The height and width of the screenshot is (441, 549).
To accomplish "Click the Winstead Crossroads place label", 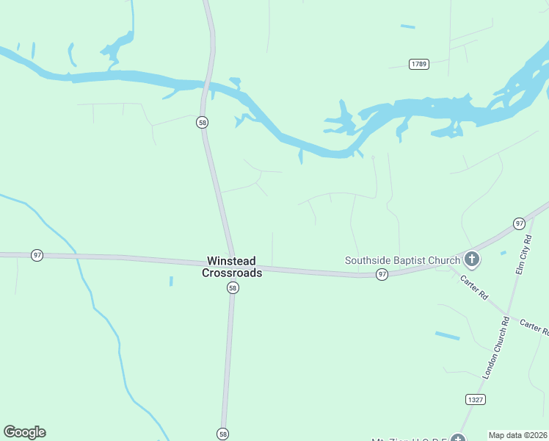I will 232,266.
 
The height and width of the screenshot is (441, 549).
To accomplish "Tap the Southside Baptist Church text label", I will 402,259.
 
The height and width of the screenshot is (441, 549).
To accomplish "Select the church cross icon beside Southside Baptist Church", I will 471,259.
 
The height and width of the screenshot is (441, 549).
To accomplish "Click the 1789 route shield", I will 419,64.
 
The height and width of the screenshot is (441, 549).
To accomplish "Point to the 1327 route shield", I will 475,399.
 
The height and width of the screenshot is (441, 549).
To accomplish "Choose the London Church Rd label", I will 495,348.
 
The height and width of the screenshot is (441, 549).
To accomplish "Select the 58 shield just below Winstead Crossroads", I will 232,289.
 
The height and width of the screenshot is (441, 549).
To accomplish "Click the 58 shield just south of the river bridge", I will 202,122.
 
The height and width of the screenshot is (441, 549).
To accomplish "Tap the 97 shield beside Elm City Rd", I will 519,223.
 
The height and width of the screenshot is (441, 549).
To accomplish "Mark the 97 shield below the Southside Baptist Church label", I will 382,274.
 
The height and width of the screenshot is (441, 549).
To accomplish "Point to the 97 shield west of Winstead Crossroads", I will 37,255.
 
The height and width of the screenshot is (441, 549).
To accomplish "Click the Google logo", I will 24,432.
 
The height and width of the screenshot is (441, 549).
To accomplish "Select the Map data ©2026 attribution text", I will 517,435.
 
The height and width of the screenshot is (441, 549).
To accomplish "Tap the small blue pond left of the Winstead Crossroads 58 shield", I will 171,281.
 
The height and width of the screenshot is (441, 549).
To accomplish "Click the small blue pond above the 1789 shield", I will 407,27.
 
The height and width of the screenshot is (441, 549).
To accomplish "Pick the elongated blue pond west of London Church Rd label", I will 447,336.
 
